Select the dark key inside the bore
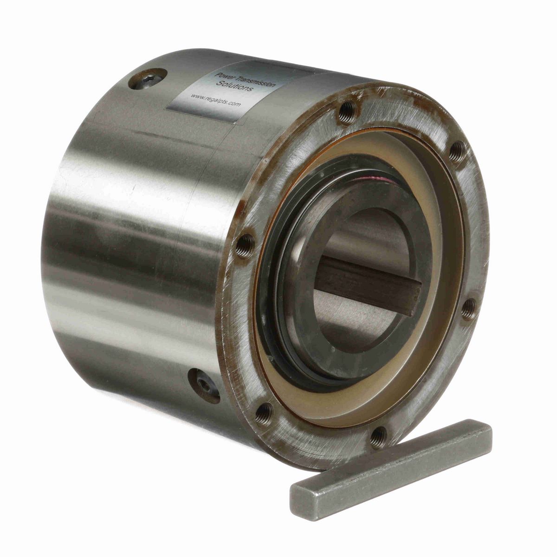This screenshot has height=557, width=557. tap(371, 283)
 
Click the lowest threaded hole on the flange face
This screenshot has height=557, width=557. tap(378, 435)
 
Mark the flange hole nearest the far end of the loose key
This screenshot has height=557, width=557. tap(469, 307)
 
